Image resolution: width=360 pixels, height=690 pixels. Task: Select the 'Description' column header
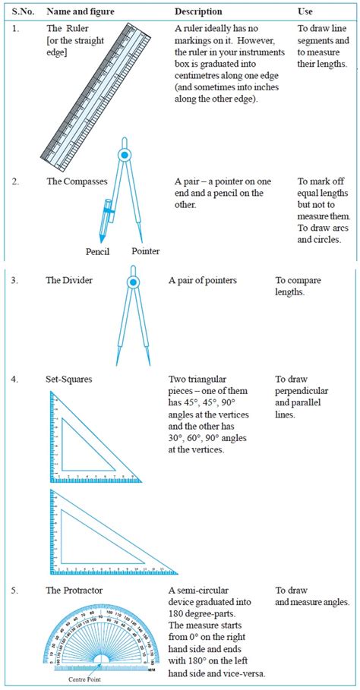point(198,11)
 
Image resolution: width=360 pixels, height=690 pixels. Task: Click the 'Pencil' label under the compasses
point(99,250)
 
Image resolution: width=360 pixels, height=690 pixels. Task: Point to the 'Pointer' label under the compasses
point(145,250)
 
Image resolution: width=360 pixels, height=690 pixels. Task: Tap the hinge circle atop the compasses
point(123,156)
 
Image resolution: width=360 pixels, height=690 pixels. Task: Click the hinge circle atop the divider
point(133,283)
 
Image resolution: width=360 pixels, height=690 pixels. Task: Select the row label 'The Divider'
point(69,281)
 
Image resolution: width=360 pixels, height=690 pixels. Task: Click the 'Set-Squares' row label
point(71,378)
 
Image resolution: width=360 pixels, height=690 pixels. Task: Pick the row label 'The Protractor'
point(74,591)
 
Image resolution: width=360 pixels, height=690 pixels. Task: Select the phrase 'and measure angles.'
point(311,603)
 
